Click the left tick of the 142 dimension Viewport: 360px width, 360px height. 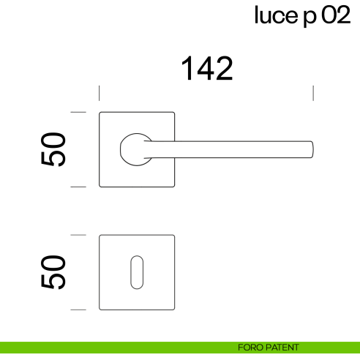pos(100,93)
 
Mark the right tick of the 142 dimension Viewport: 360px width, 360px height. pos(313,93)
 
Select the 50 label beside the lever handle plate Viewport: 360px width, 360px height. pos(56,149)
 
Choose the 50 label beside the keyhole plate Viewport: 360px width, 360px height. pos(56,272)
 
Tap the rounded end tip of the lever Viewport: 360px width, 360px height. pos(311,149)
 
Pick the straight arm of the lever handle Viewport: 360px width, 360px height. pos(234,149)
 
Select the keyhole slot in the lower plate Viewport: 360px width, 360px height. pos(137,272)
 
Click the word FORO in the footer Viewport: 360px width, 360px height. pos(250,348)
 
